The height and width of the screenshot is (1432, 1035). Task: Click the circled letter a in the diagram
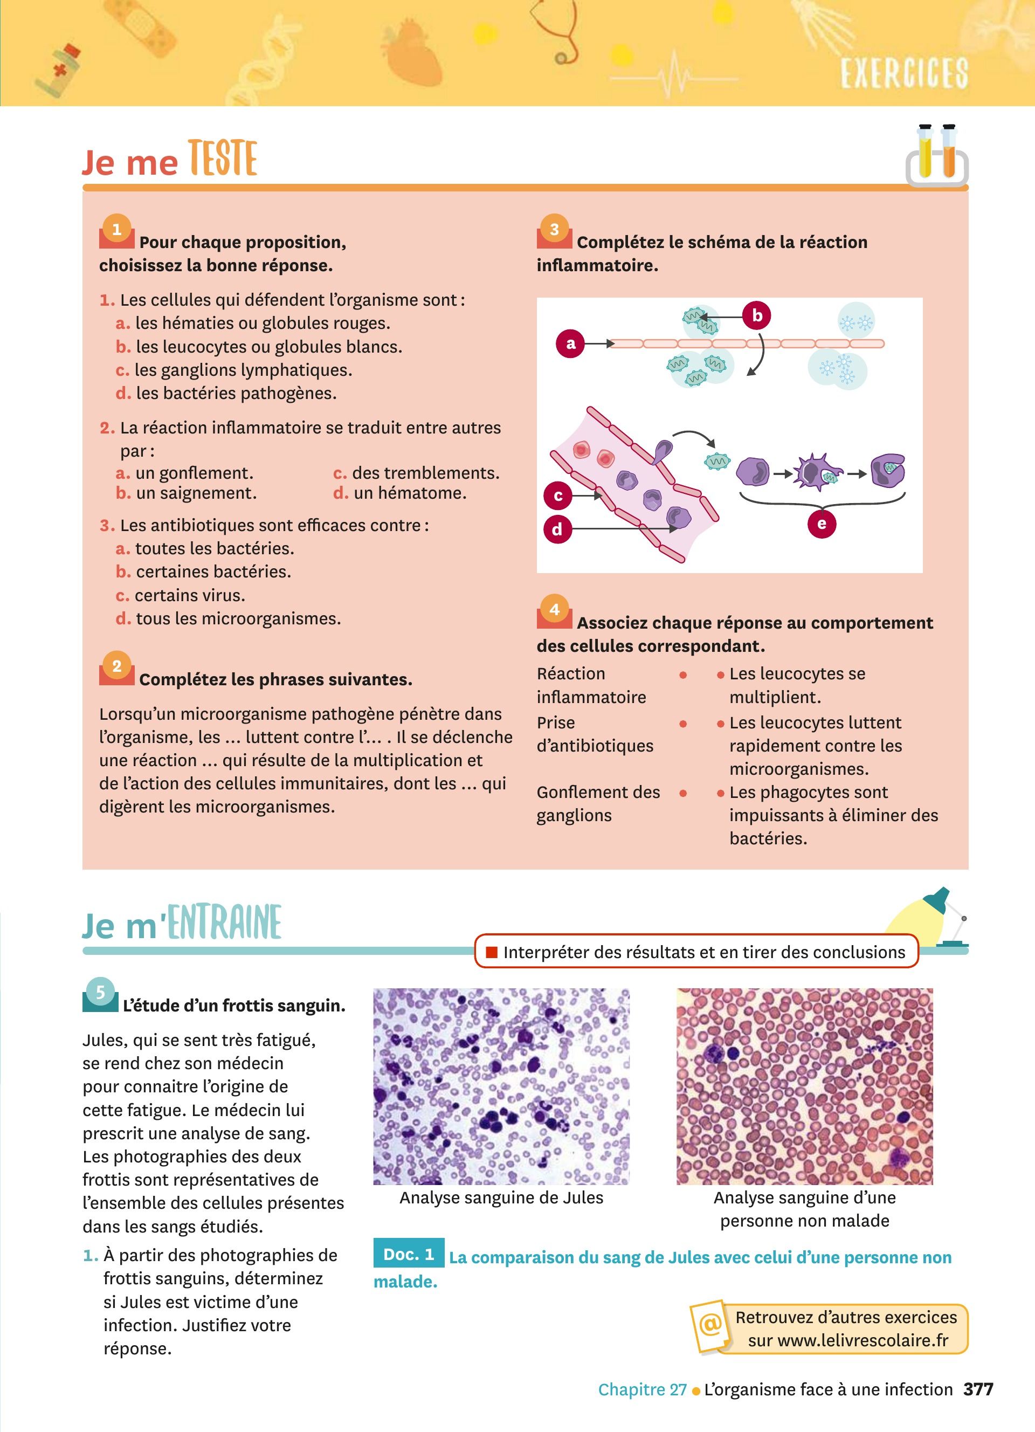tap(570, 343)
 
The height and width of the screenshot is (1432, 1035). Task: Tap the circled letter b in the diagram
tap(757, 315)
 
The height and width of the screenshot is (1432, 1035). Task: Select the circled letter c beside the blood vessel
tap(558, 495)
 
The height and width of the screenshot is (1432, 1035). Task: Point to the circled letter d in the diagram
tap(557, 529)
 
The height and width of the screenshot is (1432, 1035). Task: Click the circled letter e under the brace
tap(821, 524)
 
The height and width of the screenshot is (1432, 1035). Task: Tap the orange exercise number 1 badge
tap(117, 229)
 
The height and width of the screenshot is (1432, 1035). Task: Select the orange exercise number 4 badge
tap(554, 609)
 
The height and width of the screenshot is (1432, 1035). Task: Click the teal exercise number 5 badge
tap(100, 992)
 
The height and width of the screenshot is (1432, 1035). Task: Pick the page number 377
tap(978, 1389)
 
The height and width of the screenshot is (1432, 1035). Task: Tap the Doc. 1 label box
tap(409, 1254)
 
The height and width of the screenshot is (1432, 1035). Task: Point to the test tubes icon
tap(937, 155)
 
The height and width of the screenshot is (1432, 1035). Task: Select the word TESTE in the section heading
tap(223, 159)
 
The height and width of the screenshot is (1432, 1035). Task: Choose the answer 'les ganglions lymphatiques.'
tap(243, 370)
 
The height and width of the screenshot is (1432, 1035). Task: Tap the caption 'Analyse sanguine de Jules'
tap(501, 1198)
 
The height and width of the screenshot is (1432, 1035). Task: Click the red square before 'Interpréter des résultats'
tap(492, 952)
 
